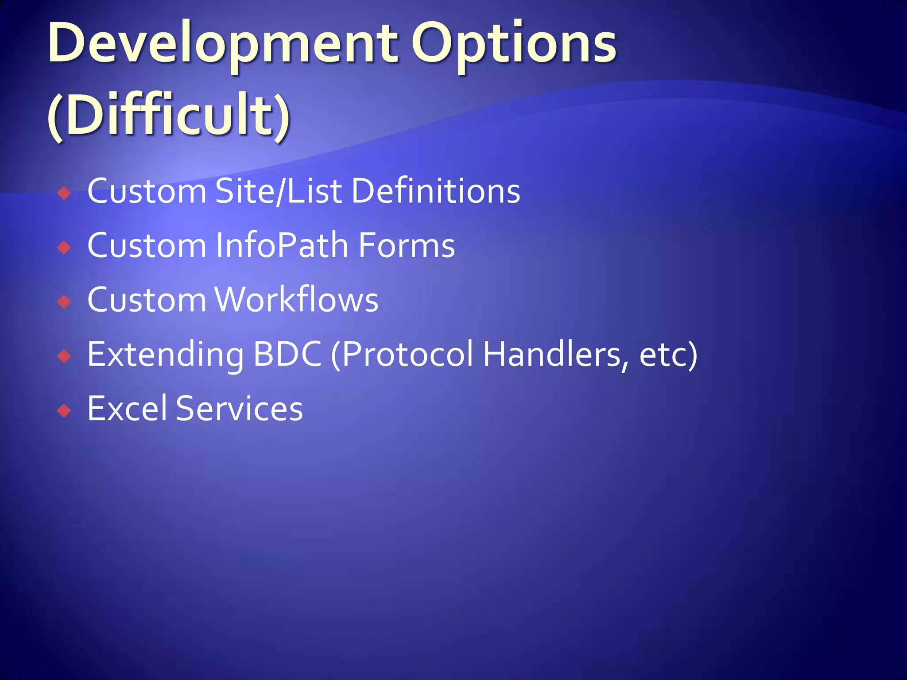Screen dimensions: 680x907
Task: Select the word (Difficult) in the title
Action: point(169,115)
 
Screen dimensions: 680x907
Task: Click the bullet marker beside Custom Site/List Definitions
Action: point(65,193)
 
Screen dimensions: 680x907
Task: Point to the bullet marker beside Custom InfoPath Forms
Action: point(65,247)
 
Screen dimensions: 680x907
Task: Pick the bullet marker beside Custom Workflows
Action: point(65,302)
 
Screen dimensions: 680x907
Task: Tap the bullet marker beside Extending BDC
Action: point(65,356)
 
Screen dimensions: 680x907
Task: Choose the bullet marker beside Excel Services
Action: point(65,411)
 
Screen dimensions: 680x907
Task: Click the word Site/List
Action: point(279,191)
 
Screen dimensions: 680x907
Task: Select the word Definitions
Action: point(436,191)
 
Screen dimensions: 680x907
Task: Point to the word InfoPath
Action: point(282,246)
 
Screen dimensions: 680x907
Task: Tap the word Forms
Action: point(407,246)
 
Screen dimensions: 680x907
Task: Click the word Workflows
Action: point(297,300)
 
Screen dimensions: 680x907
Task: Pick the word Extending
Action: point(166,355)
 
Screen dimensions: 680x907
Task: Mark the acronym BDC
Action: point(287,355)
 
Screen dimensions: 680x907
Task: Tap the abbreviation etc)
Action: point(668,355)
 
